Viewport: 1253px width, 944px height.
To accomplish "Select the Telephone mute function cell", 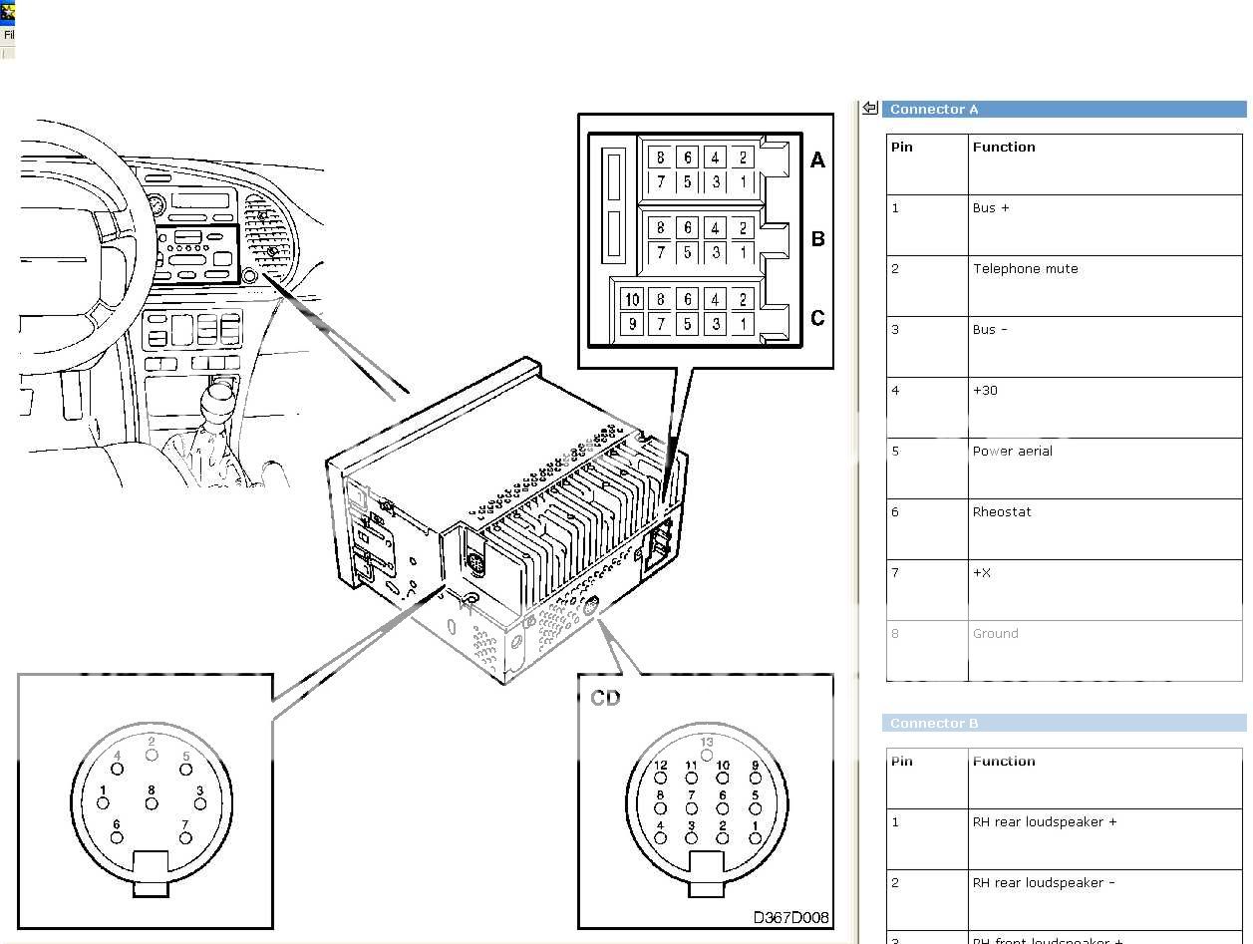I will (1025, 269).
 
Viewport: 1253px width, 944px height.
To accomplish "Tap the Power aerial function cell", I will (1012, 452).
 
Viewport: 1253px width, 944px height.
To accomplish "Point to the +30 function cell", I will (985, 391).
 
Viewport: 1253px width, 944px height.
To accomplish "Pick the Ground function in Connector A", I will (995, 634).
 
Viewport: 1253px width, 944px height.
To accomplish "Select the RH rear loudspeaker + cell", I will (1044, 823).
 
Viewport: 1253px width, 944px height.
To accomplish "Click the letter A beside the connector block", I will (817, 159).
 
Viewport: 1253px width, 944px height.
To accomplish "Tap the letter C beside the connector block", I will (817, 318).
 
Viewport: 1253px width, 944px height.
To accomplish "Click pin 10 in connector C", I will (632, 299).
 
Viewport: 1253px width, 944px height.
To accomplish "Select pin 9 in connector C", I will (632, 324).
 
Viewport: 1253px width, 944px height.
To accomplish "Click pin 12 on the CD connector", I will (661, 778).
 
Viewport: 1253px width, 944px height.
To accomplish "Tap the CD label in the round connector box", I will (605, 698).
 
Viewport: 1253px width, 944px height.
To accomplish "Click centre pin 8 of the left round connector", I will (152, 803).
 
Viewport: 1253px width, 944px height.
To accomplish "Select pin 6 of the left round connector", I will (117, 836).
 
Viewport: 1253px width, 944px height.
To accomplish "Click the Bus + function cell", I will (990, 208).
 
